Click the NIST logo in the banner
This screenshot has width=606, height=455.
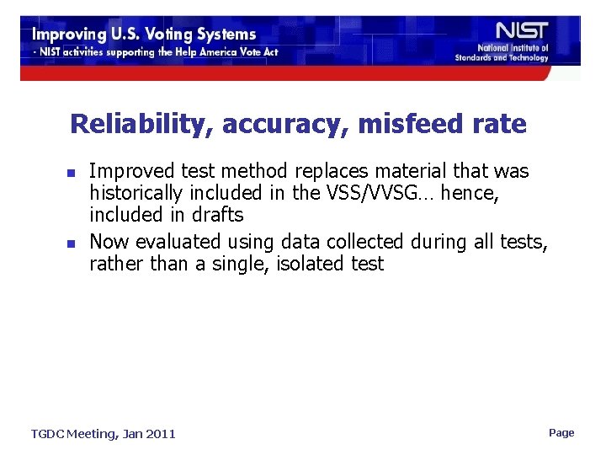pyautogui.click(x=522, y=30)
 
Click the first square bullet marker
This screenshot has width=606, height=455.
pyautogui.click(x=72, y=173)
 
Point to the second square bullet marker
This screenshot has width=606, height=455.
pyautogui.click(x=72, y=244)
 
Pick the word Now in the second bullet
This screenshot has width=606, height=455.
pyautogui.click(x=109, y=242)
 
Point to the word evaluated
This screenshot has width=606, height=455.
pyautogui.click(x=179, y=242)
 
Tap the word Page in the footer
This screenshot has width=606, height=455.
pyautogui.click(x=561, y=433)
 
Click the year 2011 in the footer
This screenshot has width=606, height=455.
pyautogui.click(x=159, y=434)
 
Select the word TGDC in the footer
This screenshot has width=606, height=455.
pyautogui.click(x=49, y=434)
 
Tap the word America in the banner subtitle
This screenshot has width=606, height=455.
pyautogui.click(x=209, y=52)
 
